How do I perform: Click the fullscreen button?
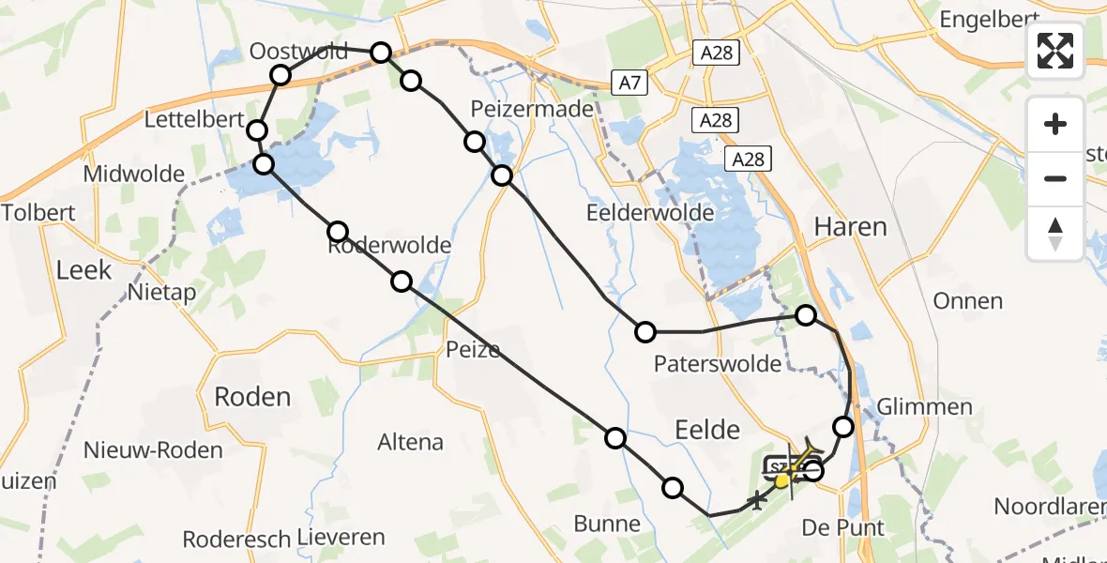[1055, 51]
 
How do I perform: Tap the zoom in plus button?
[1055, 125]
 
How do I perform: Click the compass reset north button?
[1055, 233]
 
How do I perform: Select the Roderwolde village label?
[389, 246]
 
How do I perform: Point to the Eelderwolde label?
[650, 212]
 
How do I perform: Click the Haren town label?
[850, 226]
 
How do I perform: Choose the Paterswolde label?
[719, 363]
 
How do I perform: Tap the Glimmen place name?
[924, 406]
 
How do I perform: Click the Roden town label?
[252, 396]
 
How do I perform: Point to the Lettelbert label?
[194, 119]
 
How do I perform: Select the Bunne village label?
[609, 524]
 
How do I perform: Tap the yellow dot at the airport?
[781, 481]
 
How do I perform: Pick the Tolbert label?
[38, 212]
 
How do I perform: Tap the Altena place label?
[410, 441]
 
